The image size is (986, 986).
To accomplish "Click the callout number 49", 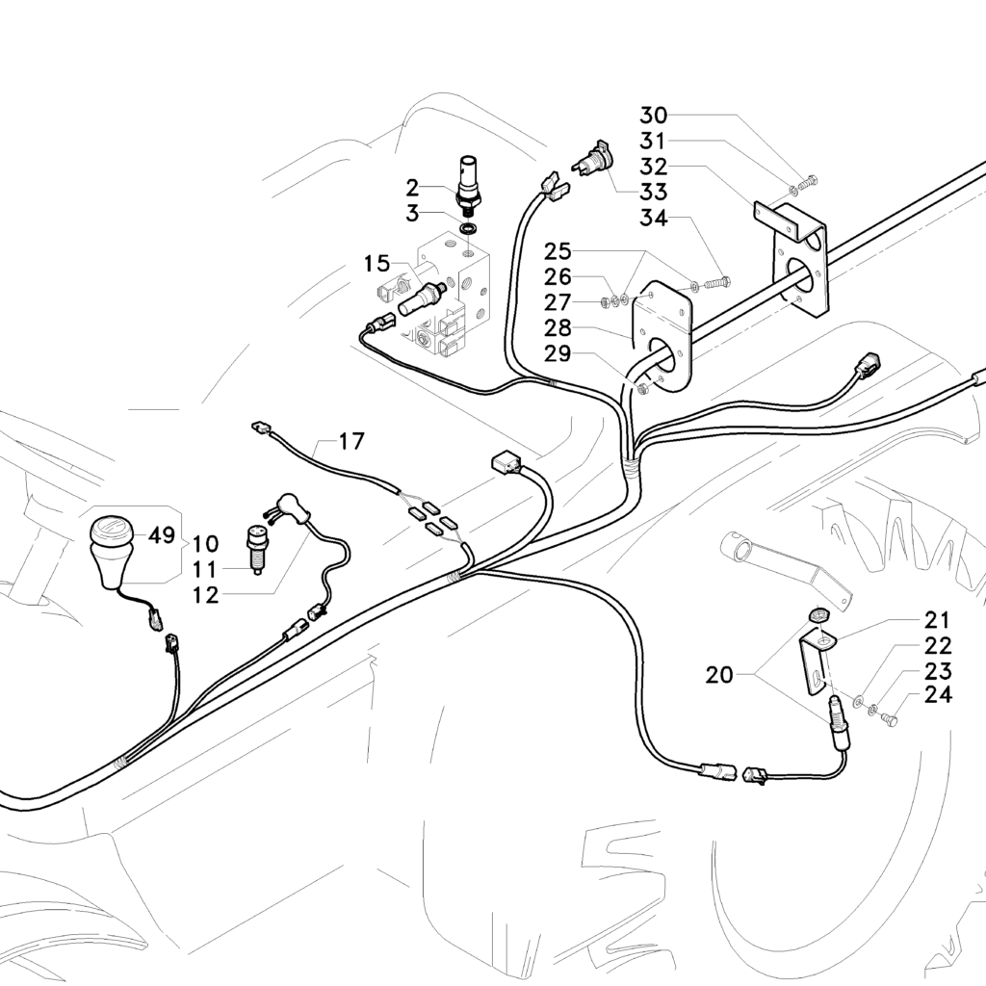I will tap(160, 536).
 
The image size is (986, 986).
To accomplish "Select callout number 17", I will tap(352, 442).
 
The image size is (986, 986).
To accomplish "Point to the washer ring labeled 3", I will tap(469, 229).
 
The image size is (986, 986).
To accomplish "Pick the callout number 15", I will tap(377, 263).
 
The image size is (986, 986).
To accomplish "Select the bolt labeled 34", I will tap(716, 284).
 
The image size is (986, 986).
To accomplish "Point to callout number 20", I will tap(718, 675).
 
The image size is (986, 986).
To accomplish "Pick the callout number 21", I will tap(938, 619).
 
